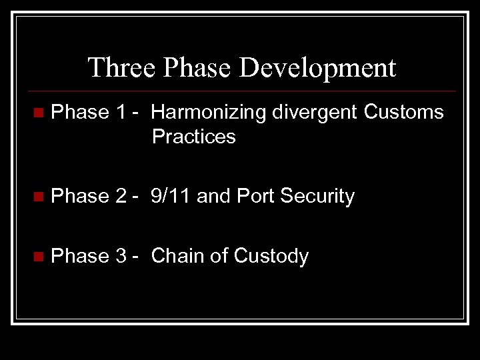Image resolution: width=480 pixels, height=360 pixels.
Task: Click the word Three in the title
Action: pos(112,67)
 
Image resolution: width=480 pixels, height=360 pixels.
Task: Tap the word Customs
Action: pos(404,112)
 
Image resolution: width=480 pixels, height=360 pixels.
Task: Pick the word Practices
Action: pos(193,137)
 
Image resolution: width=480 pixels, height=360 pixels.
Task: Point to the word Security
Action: pos(317,196)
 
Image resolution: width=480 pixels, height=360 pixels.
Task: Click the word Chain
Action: pos(175,256)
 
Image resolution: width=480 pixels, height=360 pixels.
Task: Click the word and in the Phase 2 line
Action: pos(212,196)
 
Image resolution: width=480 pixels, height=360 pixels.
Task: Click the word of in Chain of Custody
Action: pos(214,256)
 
